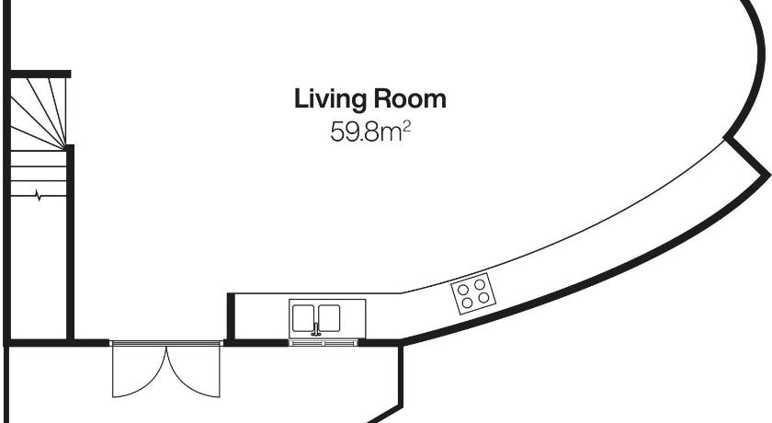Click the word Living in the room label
329,100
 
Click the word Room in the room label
410,98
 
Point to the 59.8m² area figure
370,132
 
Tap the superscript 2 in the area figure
406,128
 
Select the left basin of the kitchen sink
303,317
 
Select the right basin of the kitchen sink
329,317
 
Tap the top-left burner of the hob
463,290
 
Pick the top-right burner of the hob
480,284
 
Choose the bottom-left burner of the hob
468,303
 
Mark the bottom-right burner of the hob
484,297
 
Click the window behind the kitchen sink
323,342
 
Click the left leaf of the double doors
140,371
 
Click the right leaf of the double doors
193,371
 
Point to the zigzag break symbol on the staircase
39,196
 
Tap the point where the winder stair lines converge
65,148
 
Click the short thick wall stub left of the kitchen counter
231,316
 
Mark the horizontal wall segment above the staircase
40,74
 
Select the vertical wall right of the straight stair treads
70,242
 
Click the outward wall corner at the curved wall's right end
768,175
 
